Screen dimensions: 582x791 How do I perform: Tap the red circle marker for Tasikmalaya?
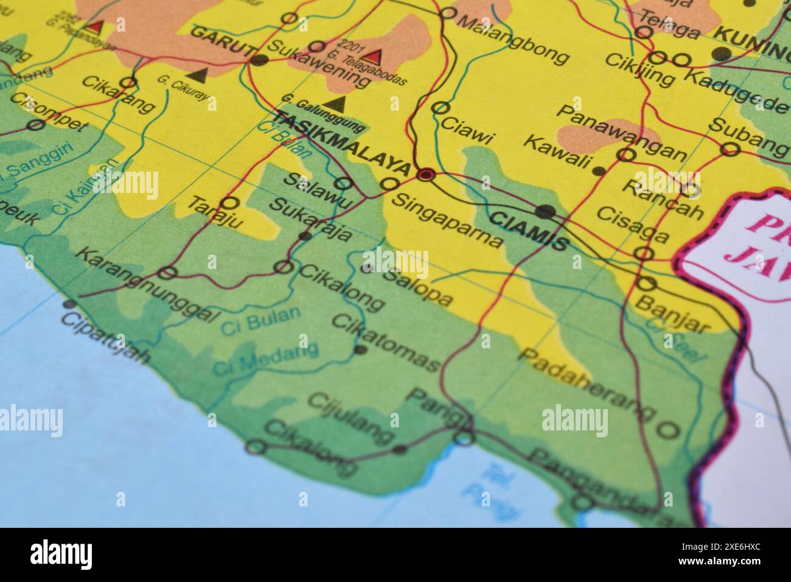425,175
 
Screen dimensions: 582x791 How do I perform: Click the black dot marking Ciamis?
546,212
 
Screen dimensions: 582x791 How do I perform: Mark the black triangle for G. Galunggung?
336,102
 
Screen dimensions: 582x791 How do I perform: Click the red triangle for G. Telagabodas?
373,57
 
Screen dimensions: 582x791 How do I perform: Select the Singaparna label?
447,220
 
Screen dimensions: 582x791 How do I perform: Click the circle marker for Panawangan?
625,155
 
